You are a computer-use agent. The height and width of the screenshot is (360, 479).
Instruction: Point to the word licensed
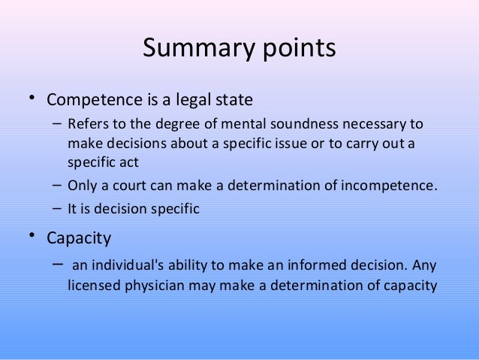(92, 286)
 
